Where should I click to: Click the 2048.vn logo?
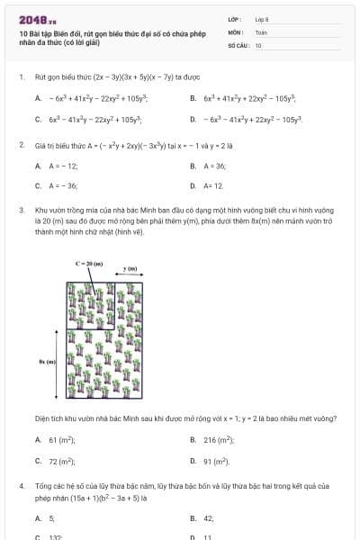(37, 19)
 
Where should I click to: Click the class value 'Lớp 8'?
(262, 18)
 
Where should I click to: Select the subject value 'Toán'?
(260, 31)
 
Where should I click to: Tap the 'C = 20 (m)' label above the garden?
(90, 263)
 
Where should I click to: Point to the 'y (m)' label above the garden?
(130, 269)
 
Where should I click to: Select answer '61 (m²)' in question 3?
(61, 439)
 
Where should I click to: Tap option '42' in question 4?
(209, 518)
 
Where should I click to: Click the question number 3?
(22, 210)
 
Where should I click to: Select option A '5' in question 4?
(51, 518)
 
